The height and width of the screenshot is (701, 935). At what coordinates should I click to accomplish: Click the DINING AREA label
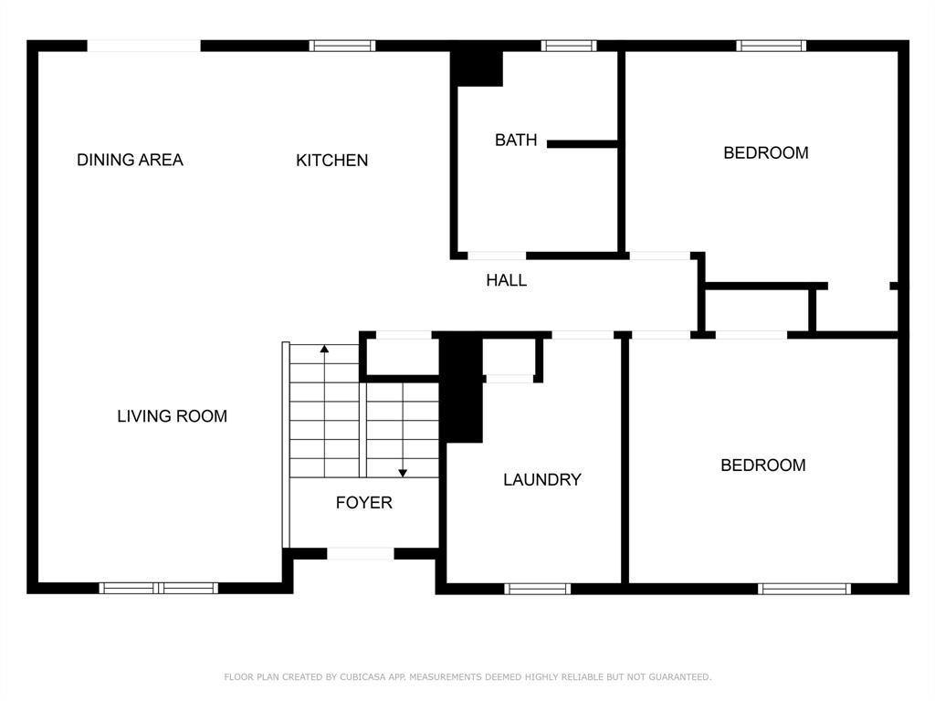[130, 160]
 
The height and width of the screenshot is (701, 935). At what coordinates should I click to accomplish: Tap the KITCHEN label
[332, 161]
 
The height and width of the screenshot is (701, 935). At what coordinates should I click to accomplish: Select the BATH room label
[516, 140]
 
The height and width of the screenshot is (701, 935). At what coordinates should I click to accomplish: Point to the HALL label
[506, 280]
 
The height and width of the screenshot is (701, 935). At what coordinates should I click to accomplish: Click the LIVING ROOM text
[173, 416]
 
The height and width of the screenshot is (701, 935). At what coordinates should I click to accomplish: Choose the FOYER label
[363, 503]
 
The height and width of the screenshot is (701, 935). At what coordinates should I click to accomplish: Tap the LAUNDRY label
[542, 480]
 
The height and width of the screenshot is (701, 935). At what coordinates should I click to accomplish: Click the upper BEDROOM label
[766, 153]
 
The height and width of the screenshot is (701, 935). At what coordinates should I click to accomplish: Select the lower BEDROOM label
[763, 465]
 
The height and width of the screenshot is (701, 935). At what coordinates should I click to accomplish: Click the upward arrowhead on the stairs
[324, 348]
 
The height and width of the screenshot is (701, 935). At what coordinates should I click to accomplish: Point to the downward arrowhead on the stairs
[403, 474]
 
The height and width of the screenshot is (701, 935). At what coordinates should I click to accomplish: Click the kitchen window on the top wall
[342, 46]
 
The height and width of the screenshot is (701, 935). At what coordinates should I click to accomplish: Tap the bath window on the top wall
[569, 46]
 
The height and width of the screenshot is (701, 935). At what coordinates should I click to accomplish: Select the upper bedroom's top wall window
[771, 46]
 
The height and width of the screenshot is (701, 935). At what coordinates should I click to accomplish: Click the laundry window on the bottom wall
[537, 589]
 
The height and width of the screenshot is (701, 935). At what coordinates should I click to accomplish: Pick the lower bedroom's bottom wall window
[804, 589]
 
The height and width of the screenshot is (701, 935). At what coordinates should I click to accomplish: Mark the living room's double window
[159, 589]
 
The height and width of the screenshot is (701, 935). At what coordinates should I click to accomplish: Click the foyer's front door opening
[361, 554]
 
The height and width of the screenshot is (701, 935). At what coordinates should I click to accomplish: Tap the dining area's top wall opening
[143, 46]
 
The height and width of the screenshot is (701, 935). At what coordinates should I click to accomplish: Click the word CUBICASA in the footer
[363, 676]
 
